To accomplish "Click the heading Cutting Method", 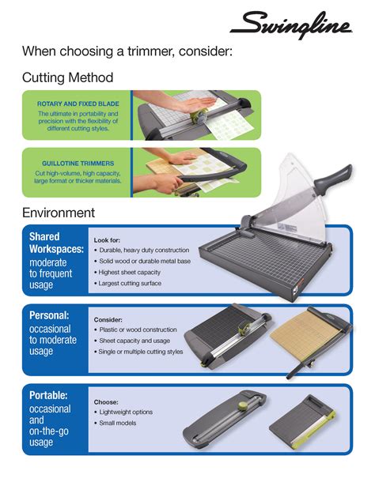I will [x=67, y=77].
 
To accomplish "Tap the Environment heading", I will [x=59, y=213].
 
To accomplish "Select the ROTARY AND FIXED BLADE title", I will [x=78, y=104].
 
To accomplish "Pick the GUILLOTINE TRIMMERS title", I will [x=78, y=164].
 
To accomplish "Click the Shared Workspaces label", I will [x=56, y=243].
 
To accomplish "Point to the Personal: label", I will [x=51, y=315].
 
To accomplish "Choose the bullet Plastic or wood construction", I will [x=138, y=330].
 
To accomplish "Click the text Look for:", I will [x=108, y=239].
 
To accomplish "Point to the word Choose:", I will [x=106, y=401].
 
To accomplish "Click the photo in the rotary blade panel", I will [x=193, y=115].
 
